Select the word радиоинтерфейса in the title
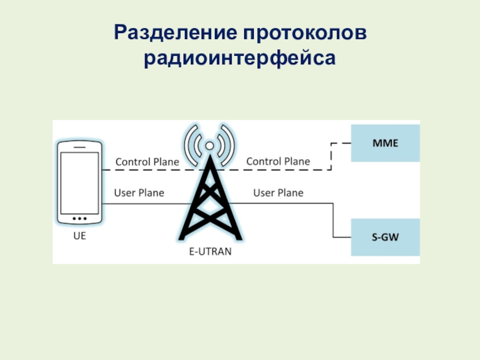pos(239,59)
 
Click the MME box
pos(385,144)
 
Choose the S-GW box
pos(385,238)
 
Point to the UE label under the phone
pos(80,236)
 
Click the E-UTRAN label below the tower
pos(207,252)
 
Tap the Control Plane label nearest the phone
pos(146,161)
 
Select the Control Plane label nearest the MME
pos(278,161)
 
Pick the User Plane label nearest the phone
pos(139,193)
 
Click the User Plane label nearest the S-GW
pos(278,193)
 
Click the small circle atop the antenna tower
pos(209,145)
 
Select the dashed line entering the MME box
pos(341,144)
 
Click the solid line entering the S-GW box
pos(342,238)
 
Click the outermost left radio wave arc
pos(185,145)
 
